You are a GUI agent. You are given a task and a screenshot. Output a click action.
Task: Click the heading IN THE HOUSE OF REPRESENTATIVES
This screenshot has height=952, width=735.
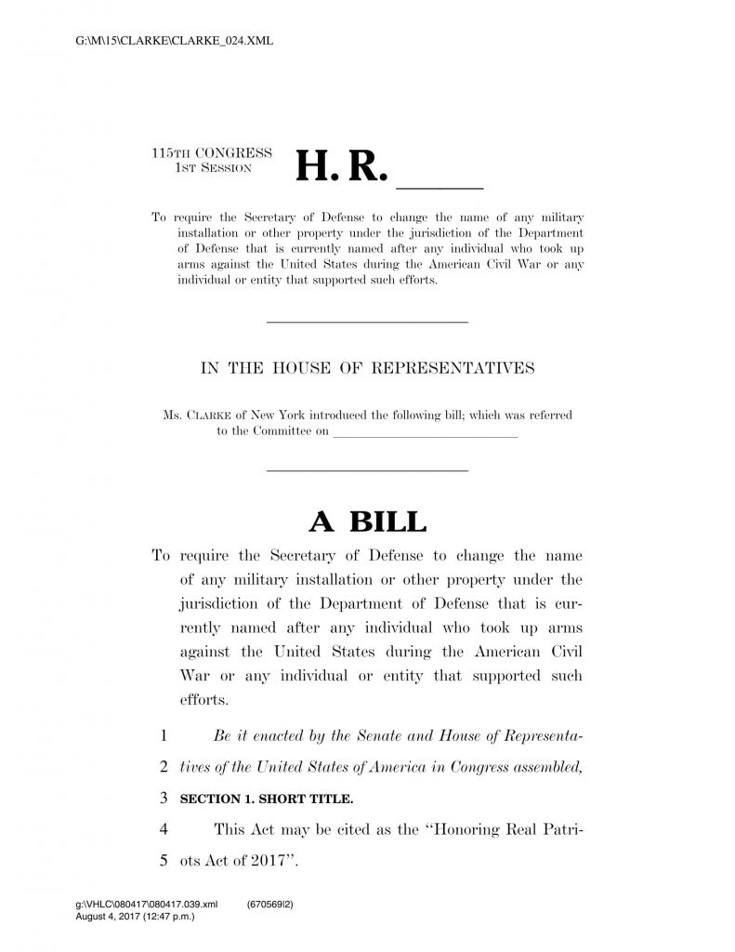pyautogui.click(x=367, y=368)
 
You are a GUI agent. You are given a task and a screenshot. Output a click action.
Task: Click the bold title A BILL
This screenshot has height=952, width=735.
pyautogui.click(x=367, y=522)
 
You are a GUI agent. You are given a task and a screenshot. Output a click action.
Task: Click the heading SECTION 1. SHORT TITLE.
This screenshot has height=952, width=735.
pyautogui.click(x=267, y=799)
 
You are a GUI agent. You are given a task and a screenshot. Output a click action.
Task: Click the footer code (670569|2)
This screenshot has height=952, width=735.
pyautogui.click(x=271, y=904)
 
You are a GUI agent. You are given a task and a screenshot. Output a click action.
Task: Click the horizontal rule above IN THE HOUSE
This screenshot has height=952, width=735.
pyautogui.click(x=367, y=322)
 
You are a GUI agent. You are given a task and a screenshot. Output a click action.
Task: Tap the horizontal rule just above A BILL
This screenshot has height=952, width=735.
pyautogui.click(x=367, y=470)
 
